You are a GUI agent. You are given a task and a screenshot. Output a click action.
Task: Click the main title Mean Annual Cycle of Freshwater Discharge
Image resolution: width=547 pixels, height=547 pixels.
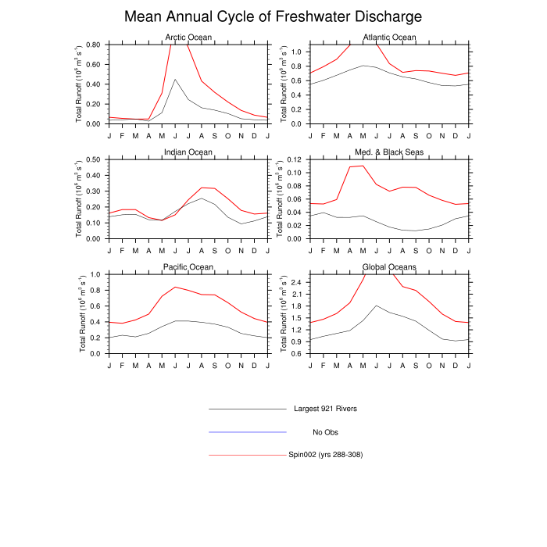tap(273, 16)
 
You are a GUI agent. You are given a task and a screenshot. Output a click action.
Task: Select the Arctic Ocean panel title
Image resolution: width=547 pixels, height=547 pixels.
tap(188, 38)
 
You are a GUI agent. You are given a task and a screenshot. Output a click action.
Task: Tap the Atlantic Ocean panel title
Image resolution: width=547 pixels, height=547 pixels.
tap(390, 38)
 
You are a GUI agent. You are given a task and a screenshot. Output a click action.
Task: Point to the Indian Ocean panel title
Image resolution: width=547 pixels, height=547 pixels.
tap(188, 152)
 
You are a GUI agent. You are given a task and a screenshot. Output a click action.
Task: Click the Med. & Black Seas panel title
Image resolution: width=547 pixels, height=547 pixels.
tap(390, 152)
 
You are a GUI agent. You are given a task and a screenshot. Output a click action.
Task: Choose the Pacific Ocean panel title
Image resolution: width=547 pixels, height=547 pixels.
tap(188, 267)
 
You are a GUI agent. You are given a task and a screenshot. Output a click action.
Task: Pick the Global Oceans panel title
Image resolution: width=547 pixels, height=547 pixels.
tap(390, 267)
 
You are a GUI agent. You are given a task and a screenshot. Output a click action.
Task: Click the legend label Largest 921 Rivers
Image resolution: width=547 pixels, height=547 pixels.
tap(325, 409)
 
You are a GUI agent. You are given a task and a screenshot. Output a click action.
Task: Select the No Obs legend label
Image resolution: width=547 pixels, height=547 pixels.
tap(325, 432)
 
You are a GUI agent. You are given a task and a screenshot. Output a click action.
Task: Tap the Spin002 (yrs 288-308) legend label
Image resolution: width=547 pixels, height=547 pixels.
tap(325, 455)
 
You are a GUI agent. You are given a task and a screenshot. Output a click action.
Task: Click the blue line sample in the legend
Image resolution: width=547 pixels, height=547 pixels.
tap(248, 432)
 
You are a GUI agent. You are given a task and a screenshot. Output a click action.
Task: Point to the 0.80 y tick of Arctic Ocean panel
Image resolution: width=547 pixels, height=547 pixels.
tap(91, 45)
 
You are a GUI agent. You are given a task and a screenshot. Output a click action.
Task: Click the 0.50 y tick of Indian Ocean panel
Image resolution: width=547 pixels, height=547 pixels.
tap(91, 159)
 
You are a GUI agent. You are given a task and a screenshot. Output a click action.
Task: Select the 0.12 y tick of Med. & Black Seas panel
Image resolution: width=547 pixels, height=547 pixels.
tap(293, 159)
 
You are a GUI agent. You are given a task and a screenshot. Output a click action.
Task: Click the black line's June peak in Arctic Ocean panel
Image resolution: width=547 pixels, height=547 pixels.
tap(175, 79)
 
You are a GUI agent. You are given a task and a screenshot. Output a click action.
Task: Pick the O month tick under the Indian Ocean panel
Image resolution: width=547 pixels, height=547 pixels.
tap(227, 249)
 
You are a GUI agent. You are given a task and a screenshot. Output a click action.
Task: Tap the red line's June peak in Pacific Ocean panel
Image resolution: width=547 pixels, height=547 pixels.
tap(175, 287)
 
